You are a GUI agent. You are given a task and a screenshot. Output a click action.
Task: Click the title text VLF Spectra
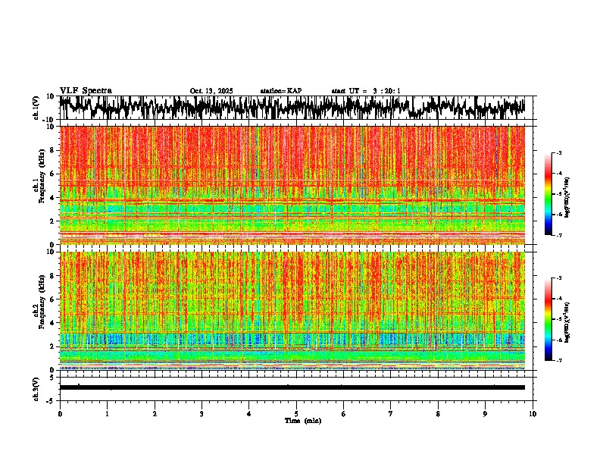86,90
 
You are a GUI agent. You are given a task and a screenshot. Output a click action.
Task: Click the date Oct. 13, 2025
211,91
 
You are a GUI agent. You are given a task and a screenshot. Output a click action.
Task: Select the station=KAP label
281,91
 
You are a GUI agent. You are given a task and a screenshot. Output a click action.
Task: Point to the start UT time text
366,91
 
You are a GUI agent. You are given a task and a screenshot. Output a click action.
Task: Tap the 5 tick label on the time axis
296,414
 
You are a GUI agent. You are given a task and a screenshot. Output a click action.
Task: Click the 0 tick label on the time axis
60,414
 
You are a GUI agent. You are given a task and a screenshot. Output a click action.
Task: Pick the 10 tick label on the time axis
533,414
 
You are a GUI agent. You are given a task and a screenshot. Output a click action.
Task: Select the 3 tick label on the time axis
202,414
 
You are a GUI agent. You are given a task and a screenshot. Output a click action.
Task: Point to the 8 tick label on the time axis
438,414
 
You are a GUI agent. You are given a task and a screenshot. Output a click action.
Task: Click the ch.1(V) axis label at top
36,108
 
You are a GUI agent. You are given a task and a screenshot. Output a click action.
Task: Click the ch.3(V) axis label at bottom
36,387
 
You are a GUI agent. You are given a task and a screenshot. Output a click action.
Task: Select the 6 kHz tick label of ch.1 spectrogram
54,174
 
